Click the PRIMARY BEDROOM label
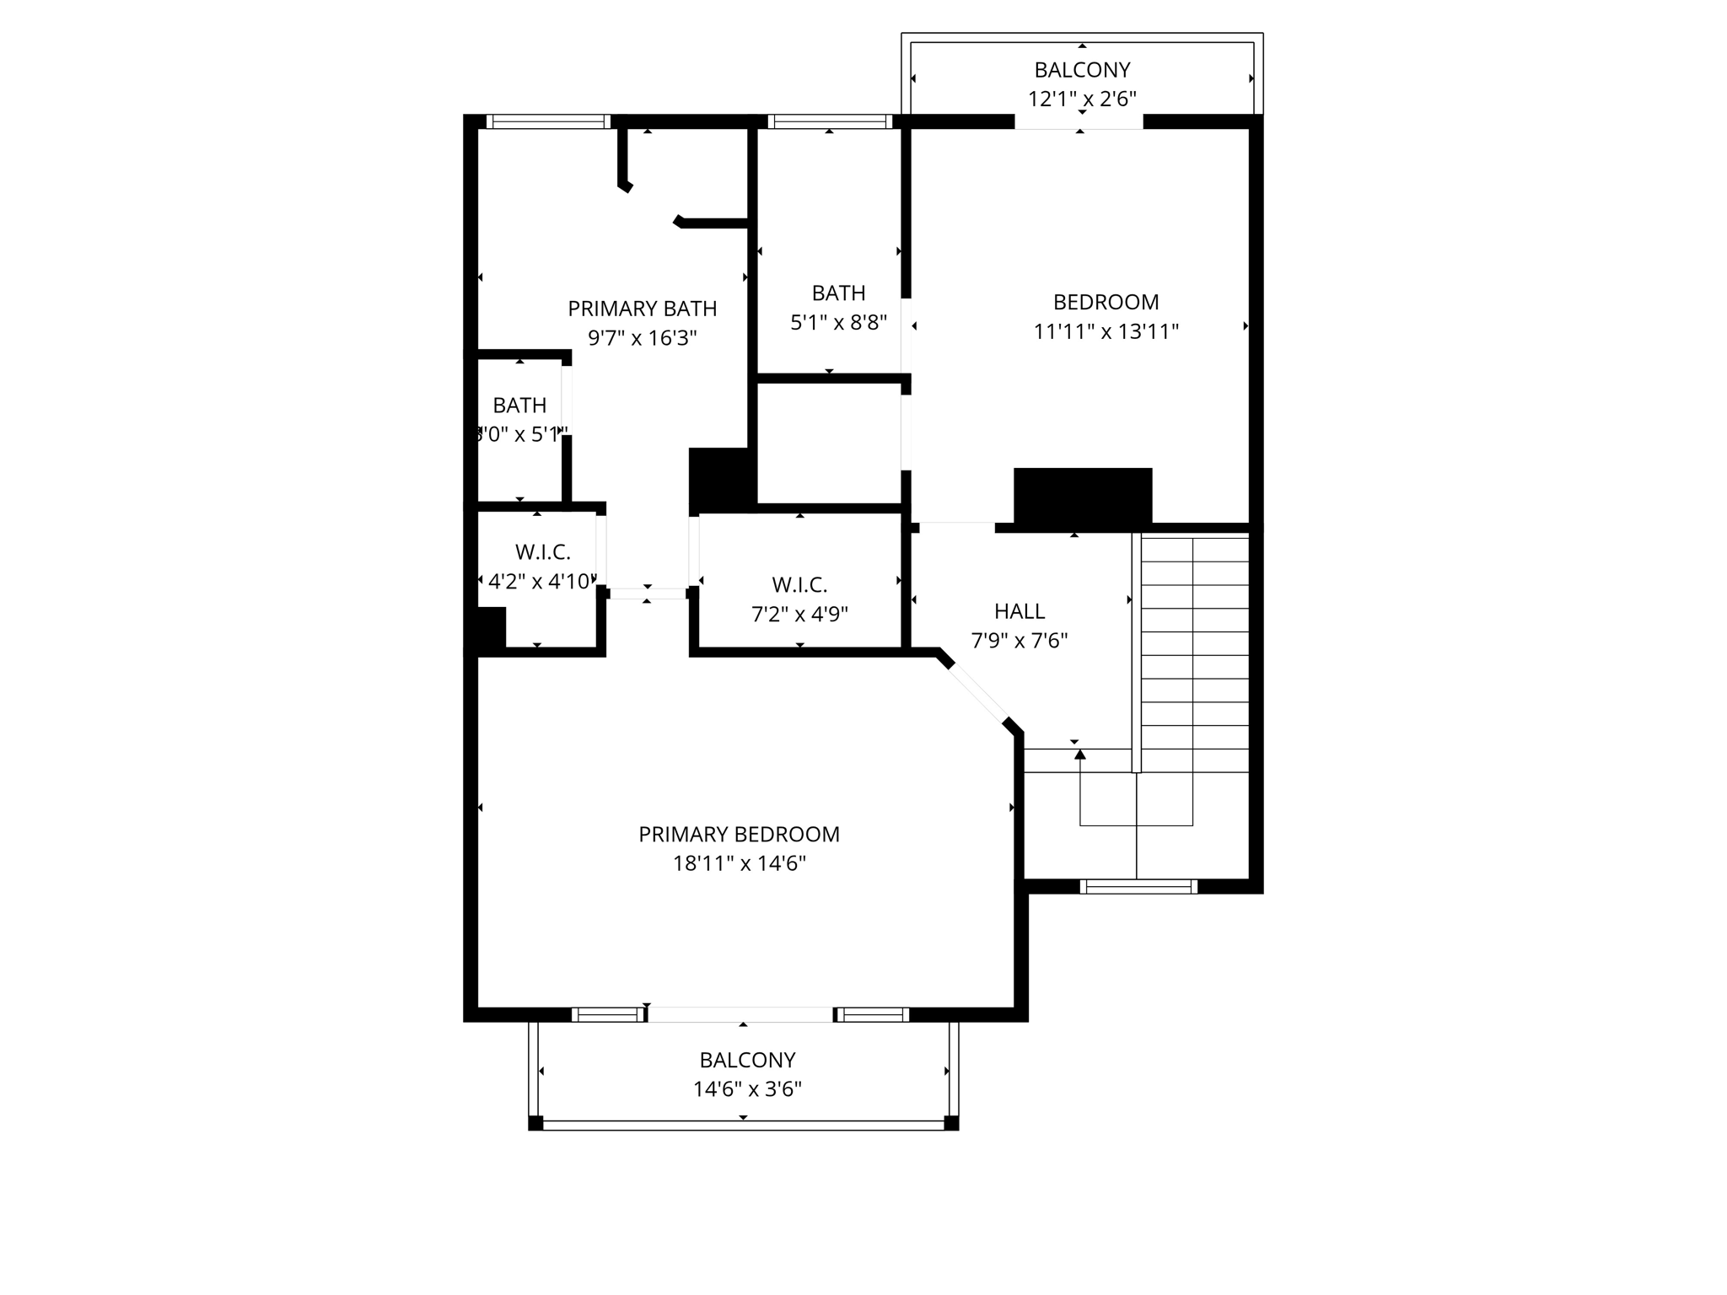[739, 835]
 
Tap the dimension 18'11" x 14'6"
[739, 864]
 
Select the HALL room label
[1019, 611]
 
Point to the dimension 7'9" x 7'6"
[1019, 641]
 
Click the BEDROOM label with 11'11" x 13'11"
[1106, 302]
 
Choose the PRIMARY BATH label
[642, 309]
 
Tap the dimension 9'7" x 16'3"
[642, 338]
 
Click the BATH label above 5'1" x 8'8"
[838, 293]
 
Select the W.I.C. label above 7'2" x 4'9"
[799, 585]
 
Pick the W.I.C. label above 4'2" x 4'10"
[543, 552]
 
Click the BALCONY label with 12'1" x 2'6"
[1082, 70]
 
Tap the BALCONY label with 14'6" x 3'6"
[747, 1060]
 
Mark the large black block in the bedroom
[1082, 496]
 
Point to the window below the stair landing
[1138, 886]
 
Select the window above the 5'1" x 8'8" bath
[830, 122]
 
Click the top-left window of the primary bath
[548, 122]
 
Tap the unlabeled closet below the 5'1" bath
[829, 443]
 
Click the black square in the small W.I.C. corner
[491, 627]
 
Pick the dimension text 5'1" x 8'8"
[838, 323]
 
